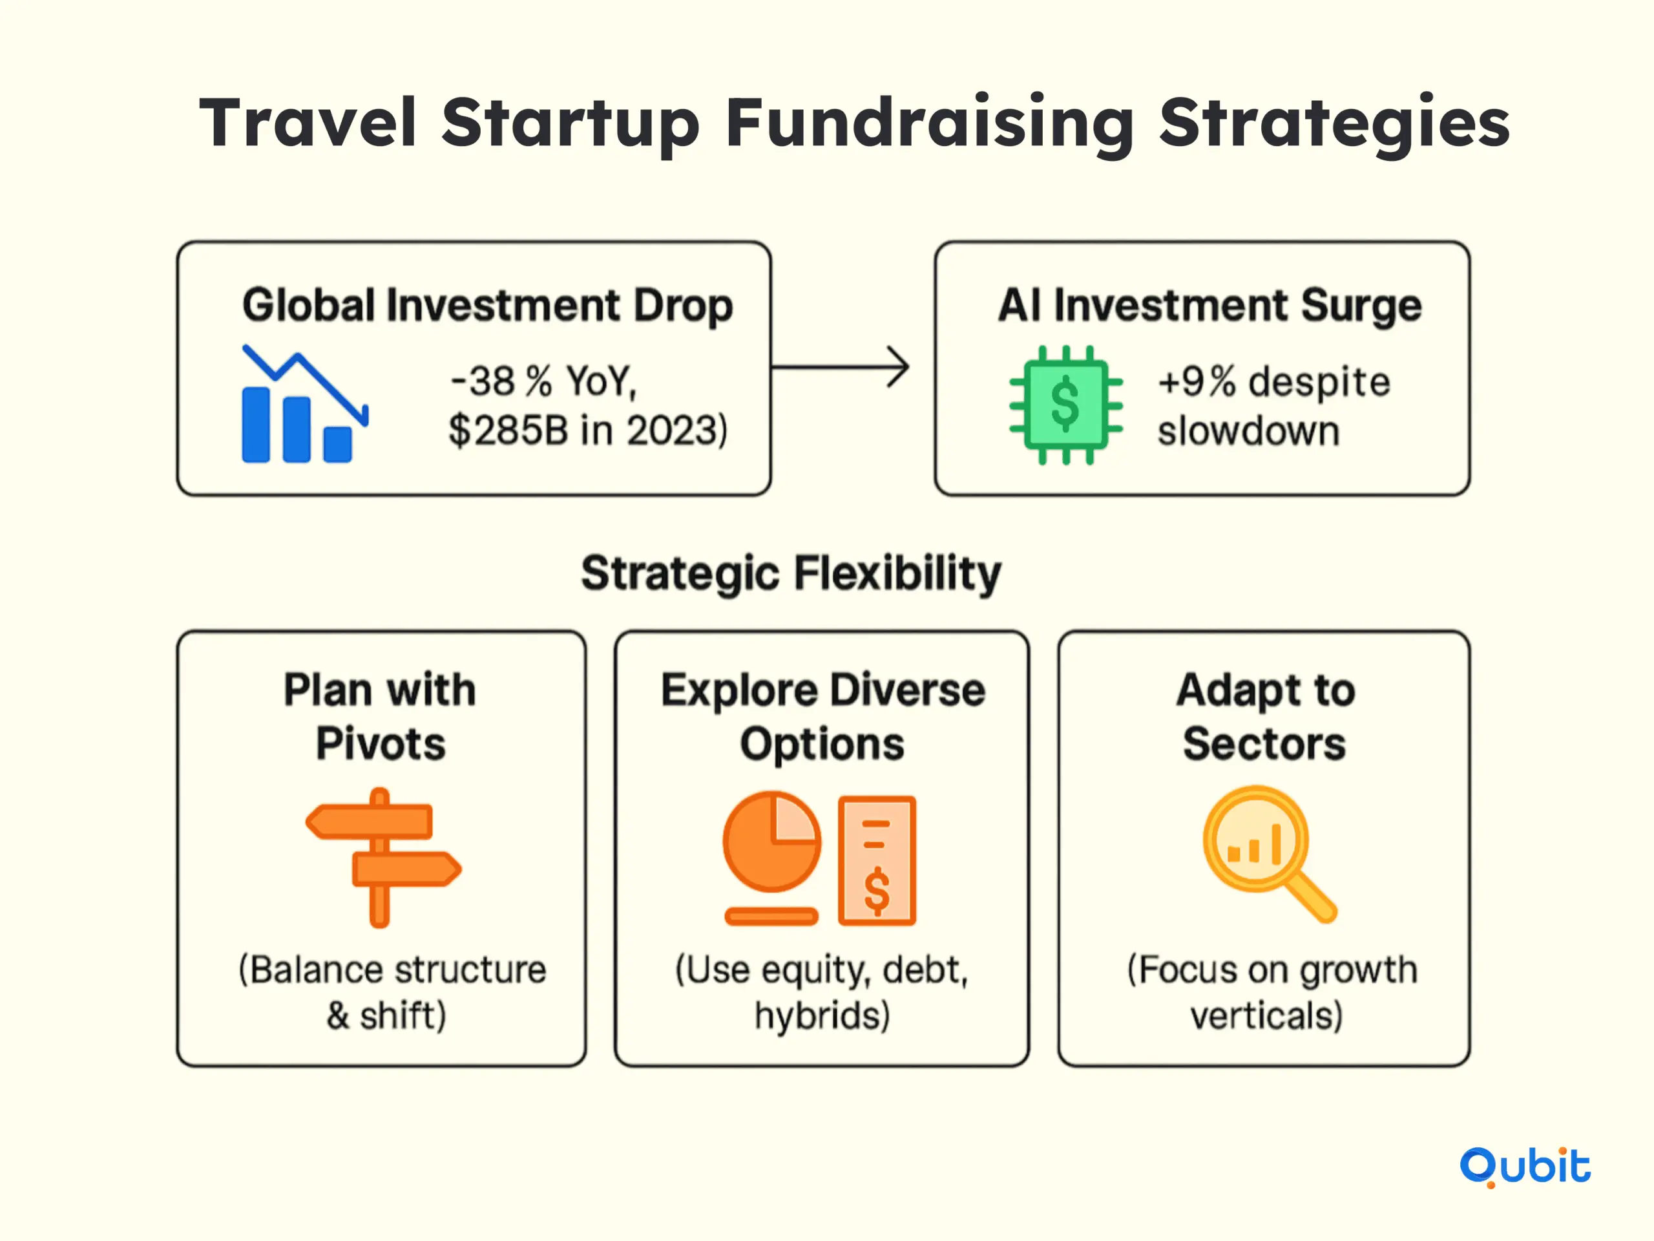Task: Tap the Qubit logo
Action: [1525, 1166]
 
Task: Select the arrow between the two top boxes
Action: [841, 366]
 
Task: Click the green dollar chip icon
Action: [1065, 405]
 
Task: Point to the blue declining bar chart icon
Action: [304, 404]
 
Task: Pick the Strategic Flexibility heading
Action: [791, 574]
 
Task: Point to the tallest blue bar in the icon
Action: [256, 424]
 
